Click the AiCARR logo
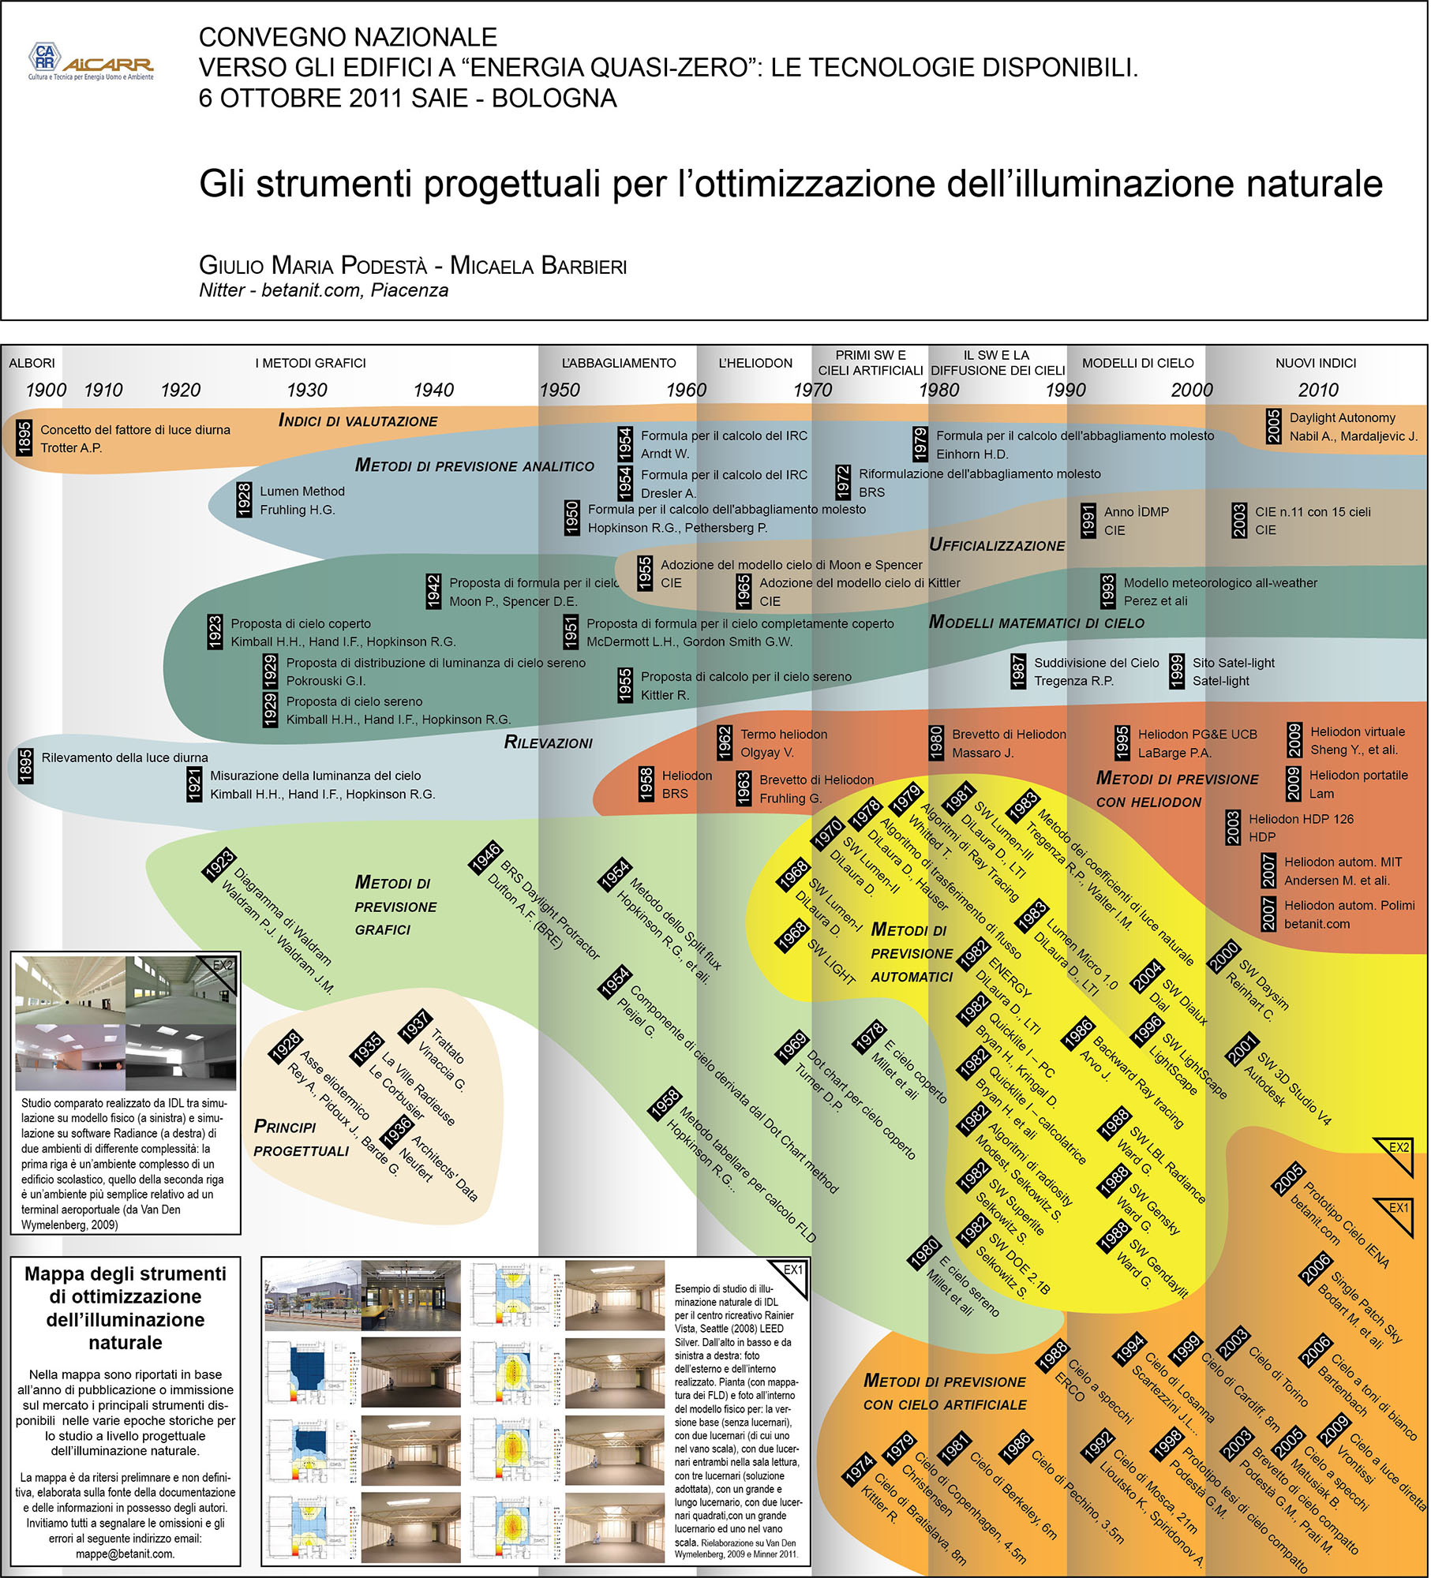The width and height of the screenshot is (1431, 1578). point(91,62)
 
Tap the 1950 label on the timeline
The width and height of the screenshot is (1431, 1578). point(560,390)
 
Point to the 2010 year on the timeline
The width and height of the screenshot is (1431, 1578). point(1318,390)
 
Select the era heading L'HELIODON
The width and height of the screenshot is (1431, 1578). point(755,363)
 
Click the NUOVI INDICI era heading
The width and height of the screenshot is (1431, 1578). point(1316,363)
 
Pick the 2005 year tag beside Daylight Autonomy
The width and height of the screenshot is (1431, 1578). point(1272,427)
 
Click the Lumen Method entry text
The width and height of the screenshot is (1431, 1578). point(302,492)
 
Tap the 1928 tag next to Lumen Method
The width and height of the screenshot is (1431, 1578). point(245,500)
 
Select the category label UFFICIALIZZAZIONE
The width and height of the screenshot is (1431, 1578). point(997,545)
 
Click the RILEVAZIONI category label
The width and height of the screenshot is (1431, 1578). point(549,742)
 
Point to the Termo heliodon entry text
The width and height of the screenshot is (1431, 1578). point(784,735)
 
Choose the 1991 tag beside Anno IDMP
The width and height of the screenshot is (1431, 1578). point(1088,521)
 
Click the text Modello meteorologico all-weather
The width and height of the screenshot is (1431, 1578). point(1220,583)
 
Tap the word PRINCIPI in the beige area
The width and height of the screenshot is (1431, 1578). point(285,1127)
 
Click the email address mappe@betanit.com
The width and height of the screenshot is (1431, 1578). point(125,1554)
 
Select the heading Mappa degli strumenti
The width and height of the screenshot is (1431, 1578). point(125,1274)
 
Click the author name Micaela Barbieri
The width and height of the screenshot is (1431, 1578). point(538,266)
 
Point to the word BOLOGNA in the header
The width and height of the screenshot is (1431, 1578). point(554,99)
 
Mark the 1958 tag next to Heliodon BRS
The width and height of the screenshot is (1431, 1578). point(646,784)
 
